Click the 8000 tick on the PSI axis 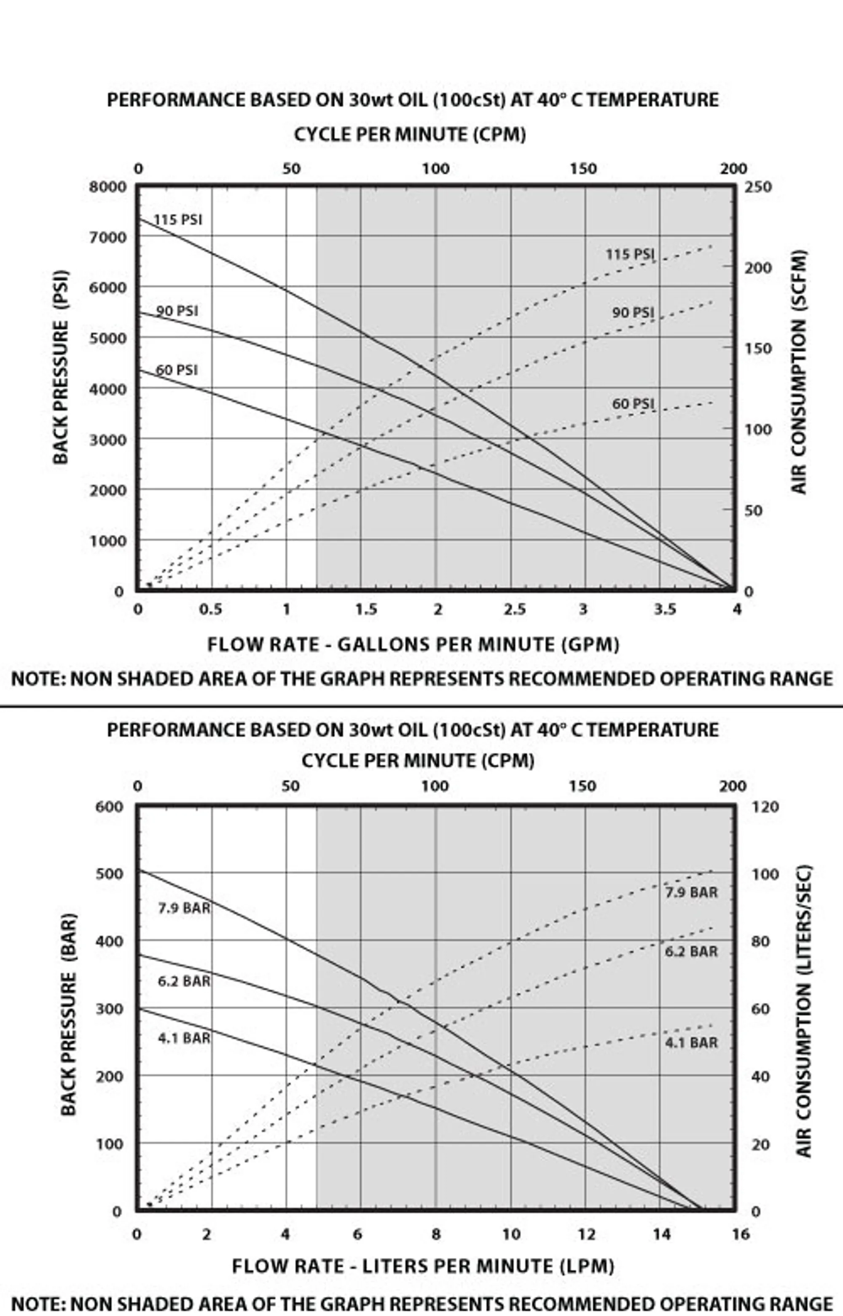pyautogui.click(x=107, y=187)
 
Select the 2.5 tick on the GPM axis pyautogui.click(x=515, y=609)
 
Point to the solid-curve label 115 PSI pyautogui.click(x=177, y=220)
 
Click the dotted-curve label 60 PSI pyautogui.click(x=633, y=403)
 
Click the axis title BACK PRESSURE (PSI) pyautogui.click(x=61, y=367)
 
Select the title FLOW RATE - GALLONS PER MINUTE pyautogui.click(x=413, y=645)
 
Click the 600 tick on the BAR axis pyautogui.click(x=110, y=807)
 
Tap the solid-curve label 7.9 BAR pyautogui.click(x=184, y=908)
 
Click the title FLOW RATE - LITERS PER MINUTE pyautogui.click(x=423, y=1266)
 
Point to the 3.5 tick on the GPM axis pyautogui.click(x=665, y=609)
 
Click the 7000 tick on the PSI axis pyautogui.click(x=107, y=238)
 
